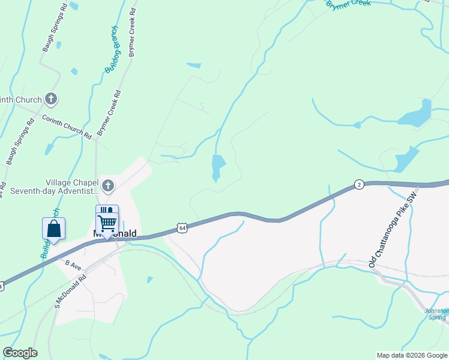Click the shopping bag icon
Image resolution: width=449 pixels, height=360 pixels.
click(53, 229)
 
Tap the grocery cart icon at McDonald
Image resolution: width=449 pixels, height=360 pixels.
click(107, 221)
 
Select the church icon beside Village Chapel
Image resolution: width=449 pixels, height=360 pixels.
click(108, 185)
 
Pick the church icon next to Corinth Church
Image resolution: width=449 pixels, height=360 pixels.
click(52, 99)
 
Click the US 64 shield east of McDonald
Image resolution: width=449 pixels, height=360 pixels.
click(182, 227)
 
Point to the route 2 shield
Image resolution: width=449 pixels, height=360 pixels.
click(358, 184)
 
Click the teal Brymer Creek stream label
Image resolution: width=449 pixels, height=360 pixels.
click(349, 4)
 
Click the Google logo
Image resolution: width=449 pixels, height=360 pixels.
click(20, 353)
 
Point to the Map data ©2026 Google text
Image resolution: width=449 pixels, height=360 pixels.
click(412, 355)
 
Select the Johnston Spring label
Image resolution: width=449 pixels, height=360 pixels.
click(436, 314)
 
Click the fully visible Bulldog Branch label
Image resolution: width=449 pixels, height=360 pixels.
click(113, 50)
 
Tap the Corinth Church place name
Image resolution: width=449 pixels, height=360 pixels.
click(21, 100)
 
